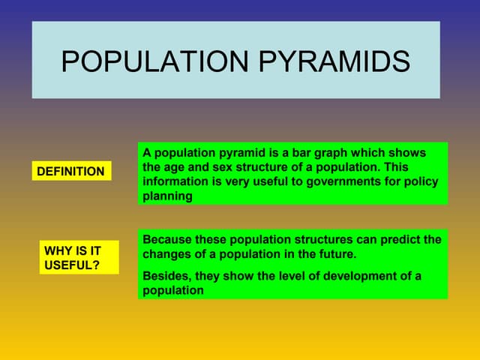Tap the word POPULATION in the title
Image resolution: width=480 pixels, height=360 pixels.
pos(155,61)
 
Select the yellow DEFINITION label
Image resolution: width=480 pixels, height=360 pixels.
pos(71,172)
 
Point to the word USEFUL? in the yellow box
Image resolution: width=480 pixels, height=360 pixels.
pos(72,265)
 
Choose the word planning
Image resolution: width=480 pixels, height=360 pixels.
pos(167,196)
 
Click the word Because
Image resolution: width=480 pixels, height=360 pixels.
pos(167,239)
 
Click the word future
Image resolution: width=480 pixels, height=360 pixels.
pos(335,254)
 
